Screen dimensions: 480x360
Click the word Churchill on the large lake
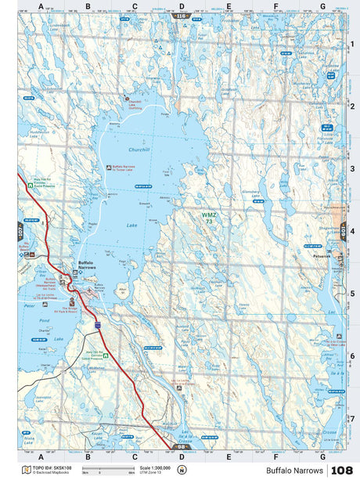(116, 149)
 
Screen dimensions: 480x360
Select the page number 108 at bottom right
(342, 471)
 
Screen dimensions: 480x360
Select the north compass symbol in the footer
(182, 471)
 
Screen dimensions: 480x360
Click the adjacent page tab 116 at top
(182, 16)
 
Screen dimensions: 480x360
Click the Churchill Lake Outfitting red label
(135, 103)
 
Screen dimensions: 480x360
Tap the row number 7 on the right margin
(352, 418)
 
